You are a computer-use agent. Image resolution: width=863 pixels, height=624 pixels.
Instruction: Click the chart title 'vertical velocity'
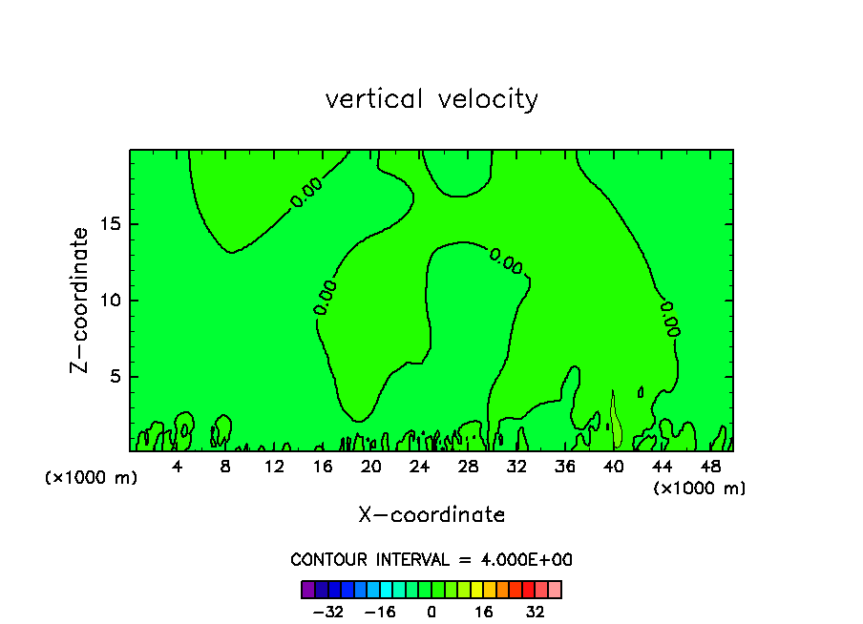tap(431, 99)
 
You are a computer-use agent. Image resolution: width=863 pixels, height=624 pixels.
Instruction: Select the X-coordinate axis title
tap(431, 515)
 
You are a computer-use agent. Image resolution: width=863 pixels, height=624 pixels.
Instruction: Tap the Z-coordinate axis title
tap(80, 300)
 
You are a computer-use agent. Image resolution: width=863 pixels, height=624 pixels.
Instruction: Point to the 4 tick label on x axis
tap(178, 467)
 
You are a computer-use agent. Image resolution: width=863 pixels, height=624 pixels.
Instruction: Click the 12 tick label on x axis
tap(274, 467)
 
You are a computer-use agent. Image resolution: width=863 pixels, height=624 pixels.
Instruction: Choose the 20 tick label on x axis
tap(370, 467)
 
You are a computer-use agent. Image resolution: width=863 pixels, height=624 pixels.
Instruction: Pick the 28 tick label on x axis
tap(467, 467)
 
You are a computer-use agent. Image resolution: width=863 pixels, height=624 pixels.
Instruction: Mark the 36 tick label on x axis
tap(564, 467)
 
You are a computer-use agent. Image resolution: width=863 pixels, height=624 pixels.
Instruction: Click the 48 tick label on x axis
tap(709, 467)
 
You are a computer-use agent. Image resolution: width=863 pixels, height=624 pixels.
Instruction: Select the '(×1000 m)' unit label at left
tap(92, 478)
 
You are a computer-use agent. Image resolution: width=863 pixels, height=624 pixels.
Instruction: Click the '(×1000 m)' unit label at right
tap(700, 489)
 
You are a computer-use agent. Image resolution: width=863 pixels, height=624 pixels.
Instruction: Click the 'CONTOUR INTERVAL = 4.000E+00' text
tap(431, 560)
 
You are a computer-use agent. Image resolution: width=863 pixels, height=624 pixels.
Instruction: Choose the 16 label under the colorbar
tap(484, 612)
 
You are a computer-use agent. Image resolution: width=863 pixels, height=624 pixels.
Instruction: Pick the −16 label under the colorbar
tap(380, 612)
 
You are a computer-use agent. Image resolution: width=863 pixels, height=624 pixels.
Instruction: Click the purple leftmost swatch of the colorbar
tap(307, 589)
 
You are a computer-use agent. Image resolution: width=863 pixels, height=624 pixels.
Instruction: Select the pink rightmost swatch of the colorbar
tap(555, 589)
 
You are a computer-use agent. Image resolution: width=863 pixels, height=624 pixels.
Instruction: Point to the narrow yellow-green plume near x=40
tap(616, 425)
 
